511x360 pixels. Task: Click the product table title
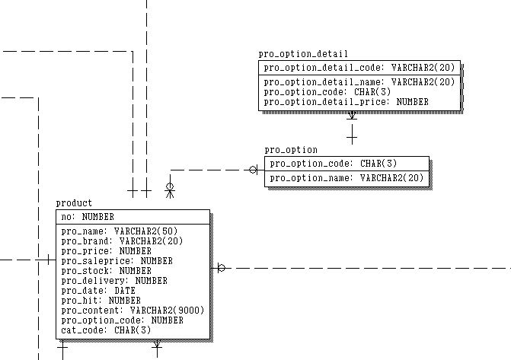point(74,204)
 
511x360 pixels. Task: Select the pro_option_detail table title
point(303,54)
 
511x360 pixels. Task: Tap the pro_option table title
point(291,150)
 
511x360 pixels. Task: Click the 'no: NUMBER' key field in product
point(88,217)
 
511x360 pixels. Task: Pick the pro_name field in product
point(120,231)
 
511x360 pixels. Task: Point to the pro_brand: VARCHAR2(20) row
point(122,241)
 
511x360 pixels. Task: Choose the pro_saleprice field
point(117,261)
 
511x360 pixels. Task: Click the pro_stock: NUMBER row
point(107,271)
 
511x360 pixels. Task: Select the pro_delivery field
point(114,281)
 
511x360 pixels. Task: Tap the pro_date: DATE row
point(98,291)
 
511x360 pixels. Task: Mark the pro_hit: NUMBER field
point(101,301)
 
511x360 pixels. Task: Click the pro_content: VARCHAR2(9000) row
point(133,311)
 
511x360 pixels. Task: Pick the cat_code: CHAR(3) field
point(107,330)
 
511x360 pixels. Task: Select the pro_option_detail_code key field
point(359,68)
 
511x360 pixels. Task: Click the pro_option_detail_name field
point(359,82)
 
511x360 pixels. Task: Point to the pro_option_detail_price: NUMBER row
point(346,102)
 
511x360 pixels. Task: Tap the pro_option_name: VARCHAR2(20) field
point(347,178)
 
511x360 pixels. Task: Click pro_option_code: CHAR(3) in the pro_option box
point(334,164)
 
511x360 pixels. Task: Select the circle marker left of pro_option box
point(253,170)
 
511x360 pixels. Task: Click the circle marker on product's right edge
point(222,268)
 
